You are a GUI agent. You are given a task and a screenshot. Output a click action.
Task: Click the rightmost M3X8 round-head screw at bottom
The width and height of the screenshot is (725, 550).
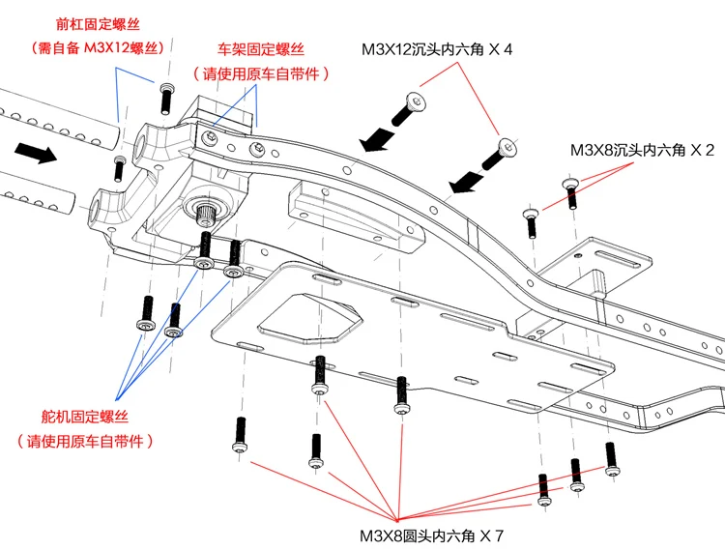(x=610, y=459)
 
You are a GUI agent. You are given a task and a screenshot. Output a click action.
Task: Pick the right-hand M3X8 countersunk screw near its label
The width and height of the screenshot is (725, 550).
(x=570, y=192)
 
